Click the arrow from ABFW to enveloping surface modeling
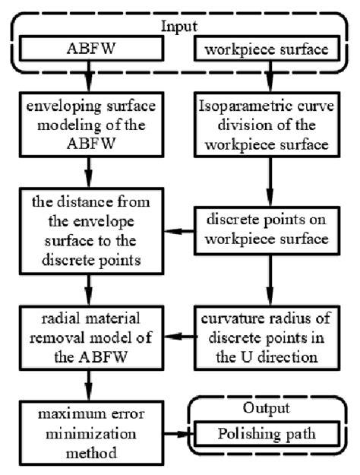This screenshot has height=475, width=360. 91,79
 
